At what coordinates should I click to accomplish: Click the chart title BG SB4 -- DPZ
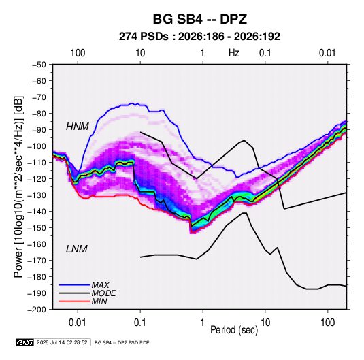(200, 19)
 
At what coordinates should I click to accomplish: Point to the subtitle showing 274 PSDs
(199, 37)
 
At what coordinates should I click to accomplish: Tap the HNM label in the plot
(78, 127)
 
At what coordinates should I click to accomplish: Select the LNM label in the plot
(77, 249)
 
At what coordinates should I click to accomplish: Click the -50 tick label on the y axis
(39, 65)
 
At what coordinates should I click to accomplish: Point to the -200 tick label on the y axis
(37, 310)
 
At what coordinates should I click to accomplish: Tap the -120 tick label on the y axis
(37, 179)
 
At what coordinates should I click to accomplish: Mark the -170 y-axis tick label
(37, 261)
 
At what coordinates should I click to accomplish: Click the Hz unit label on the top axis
(234, 53)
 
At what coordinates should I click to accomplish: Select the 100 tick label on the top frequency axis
(78, 53)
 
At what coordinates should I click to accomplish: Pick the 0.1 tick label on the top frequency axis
(265, 53)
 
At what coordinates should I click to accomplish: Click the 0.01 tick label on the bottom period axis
(78, 323)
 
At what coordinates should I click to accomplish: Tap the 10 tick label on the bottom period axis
(265, 323)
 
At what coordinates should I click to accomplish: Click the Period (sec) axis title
(234, 330)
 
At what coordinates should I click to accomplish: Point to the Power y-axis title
(18, 186)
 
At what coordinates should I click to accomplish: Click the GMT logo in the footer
(25, 342)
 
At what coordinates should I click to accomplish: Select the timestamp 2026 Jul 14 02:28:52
(62, 342)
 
